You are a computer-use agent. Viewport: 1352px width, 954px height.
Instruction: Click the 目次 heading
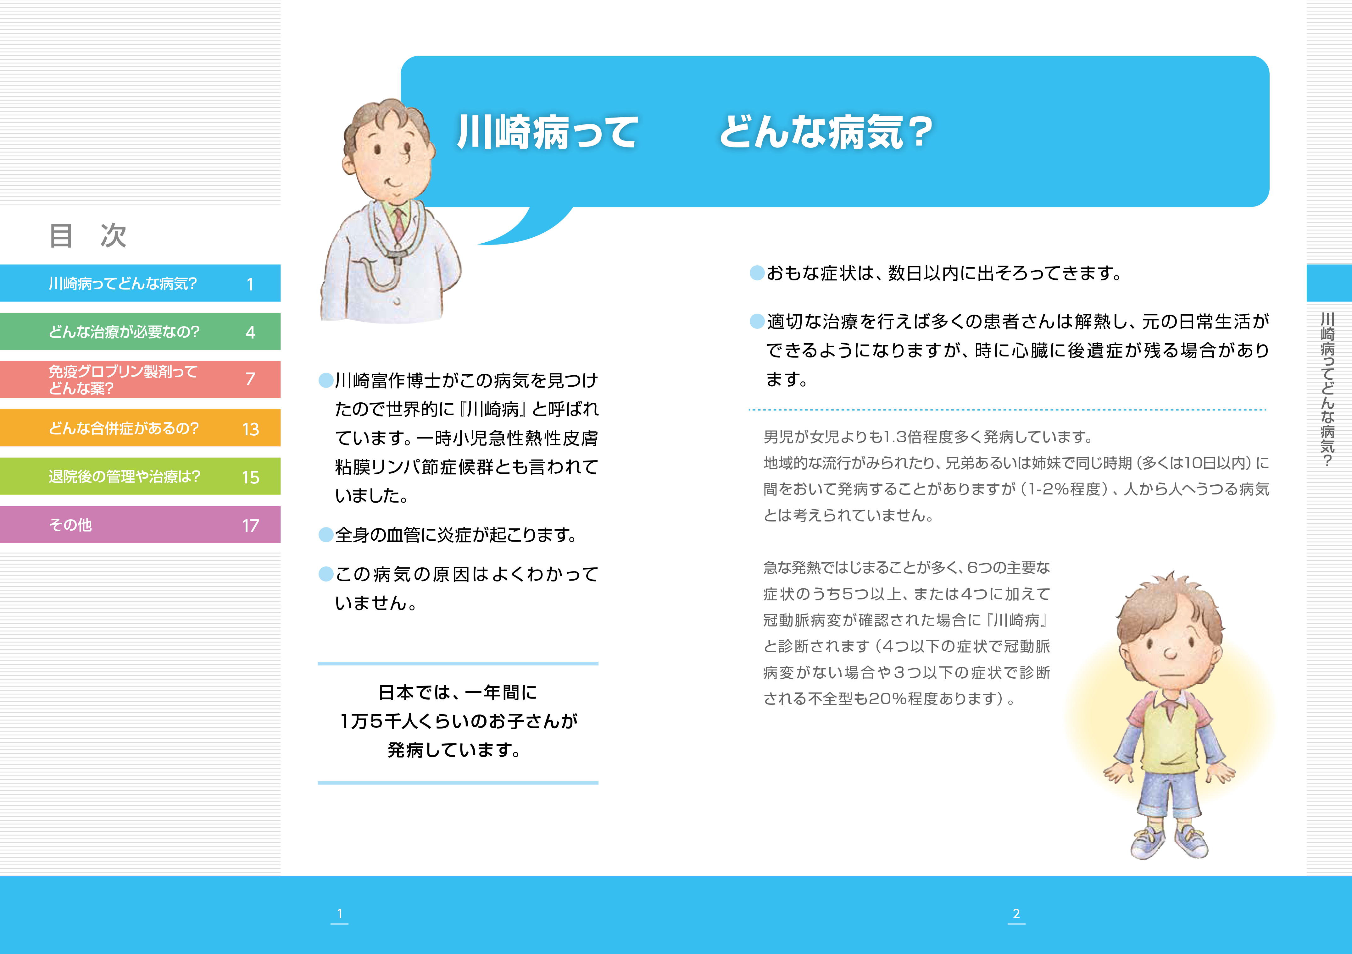(x=88, y=235)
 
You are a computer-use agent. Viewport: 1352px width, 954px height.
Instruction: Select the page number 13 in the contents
(x=250, y=429)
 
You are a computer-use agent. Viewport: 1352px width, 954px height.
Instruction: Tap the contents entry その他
(x=70, y=525)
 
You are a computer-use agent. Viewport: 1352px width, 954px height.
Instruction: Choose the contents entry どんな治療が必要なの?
(x=124, y=332)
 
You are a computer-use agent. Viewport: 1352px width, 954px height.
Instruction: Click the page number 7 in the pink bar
(x=250, y=379)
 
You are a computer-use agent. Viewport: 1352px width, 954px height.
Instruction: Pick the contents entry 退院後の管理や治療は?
(x=124, y=477)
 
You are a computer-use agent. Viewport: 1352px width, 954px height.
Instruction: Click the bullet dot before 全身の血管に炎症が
(x=325, y=535)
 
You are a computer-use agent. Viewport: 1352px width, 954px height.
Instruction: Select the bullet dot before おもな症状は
(x=757, y=273)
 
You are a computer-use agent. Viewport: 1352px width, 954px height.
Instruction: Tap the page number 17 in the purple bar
(x=250, y=526)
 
